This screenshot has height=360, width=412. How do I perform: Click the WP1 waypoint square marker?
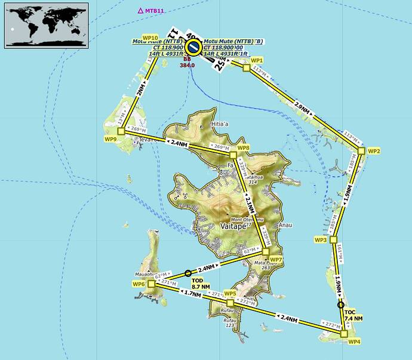click(246, 68)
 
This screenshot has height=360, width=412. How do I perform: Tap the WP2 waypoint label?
click(374, 151)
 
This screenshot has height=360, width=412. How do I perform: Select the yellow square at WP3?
click(334, 239)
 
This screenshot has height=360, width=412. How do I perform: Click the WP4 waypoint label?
click(354, 341)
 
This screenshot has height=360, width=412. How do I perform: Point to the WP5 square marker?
click(230, 303)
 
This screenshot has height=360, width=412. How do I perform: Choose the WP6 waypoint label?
click(139, 284)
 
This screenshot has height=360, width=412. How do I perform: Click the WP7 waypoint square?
click(266, 252)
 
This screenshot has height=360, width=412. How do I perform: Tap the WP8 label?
click(242, 147)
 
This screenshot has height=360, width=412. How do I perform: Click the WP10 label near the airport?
click(150, 37)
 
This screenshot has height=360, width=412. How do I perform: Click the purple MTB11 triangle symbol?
click(140, 11)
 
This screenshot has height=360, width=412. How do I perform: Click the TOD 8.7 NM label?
click(201, 284)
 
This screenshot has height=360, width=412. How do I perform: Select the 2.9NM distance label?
click(302, 107)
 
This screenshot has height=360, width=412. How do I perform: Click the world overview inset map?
click(47, 24)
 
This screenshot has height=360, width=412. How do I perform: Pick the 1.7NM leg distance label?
click(192, 293)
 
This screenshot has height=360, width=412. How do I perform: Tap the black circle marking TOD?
click(188, 273)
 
